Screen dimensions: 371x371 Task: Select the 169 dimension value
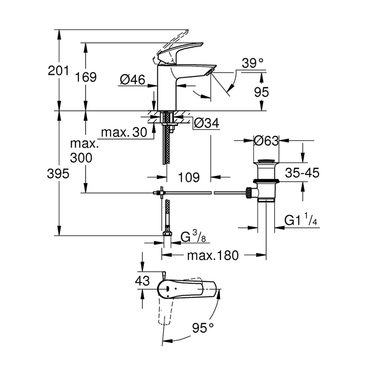click(x=86, y=77)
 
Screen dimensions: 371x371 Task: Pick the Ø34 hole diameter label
click(x=205, y=123)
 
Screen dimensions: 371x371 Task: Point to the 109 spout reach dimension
click(x=189, y=177)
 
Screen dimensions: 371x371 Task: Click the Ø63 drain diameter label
click(x=266, y=141)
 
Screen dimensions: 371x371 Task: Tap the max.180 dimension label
click(x=213, y=255)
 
